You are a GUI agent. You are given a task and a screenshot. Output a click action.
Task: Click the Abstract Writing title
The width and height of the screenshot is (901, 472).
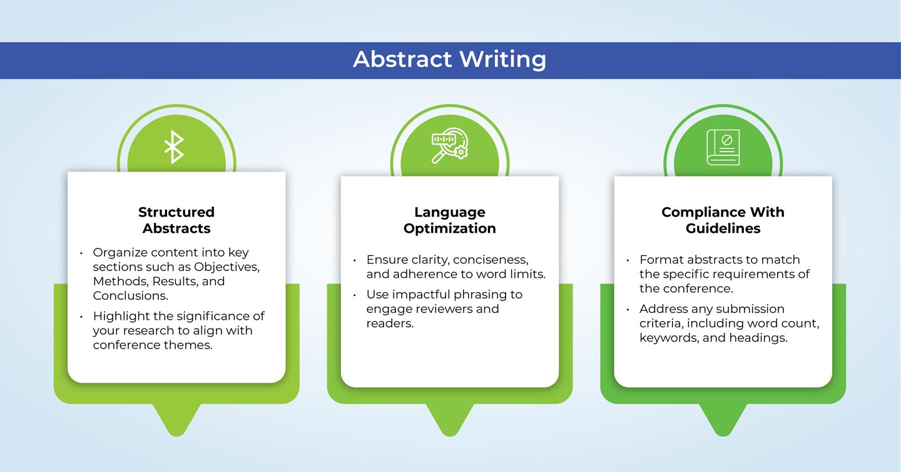[450, 59]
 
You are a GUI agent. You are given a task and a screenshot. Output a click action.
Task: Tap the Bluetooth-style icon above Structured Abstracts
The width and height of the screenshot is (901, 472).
[174, 147]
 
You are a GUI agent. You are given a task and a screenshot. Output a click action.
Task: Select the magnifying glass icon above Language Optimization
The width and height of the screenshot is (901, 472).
[450, 145]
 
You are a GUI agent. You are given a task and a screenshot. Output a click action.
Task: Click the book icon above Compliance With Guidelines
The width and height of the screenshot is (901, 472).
[723, 147]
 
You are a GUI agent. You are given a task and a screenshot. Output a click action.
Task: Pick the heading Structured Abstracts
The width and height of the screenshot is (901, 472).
[176, 220]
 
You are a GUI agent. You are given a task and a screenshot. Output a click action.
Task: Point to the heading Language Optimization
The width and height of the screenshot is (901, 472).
[450, 220]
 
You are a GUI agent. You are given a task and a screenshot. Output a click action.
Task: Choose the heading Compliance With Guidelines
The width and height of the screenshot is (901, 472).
[723, 220]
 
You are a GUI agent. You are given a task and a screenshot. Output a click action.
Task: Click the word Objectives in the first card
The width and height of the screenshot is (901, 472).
[227, 267]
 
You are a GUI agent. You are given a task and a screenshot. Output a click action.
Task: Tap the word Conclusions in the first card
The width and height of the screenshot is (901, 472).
[130, 295]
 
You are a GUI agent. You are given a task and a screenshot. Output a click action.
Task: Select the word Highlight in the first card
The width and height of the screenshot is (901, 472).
[121, 317]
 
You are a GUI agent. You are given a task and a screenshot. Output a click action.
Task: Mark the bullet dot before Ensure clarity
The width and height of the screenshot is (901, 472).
[354, 261]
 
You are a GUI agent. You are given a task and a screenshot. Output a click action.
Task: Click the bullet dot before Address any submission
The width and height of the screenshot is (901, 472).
[628, 310]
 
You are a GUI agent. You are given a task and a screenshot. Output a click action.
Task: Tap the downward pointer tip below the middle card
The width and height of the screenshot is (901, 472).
[450, 435]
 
